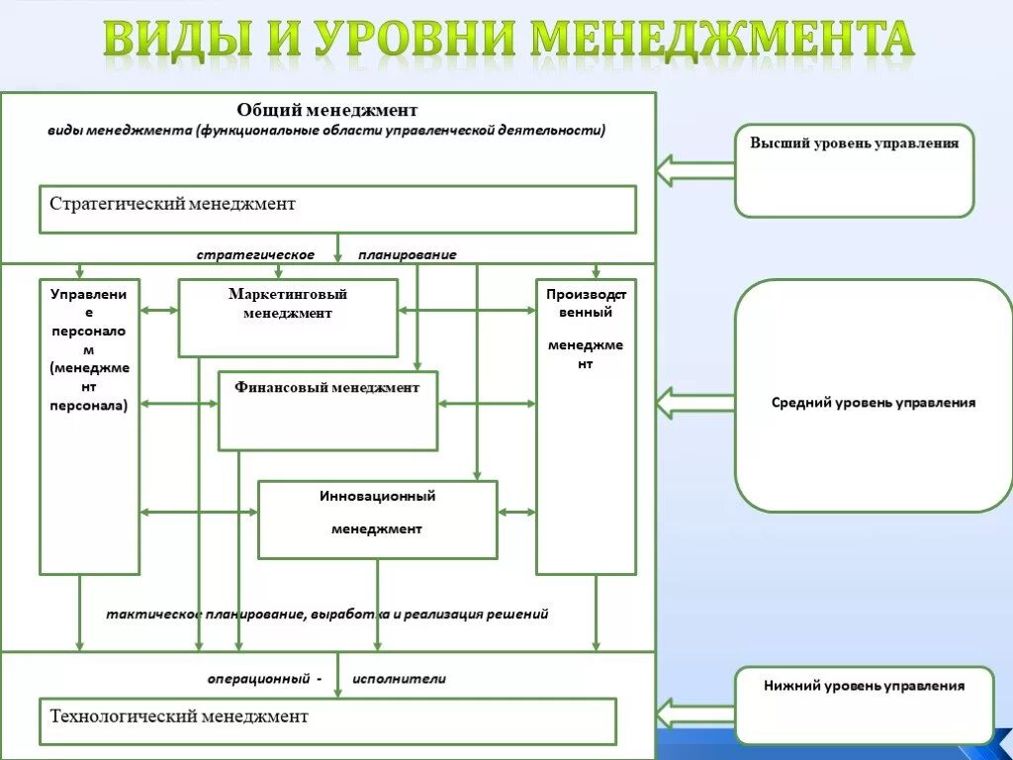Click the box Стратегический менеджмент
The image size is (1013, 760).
[337, 209]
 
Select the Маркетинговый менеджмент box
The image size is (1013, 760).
[288, 318]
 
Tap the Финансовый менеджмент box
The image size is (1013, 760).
[327, 411]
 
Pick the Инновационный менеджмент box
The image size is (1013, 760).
[377, 520]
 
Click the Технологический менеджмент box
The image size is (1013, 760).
[327, 720]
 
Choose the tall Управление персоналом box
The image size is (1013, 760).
[89, 427]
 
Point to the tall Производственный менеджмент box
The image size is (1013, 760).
[586, 427]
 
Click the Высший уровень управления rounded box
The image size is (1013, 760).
[854, 170]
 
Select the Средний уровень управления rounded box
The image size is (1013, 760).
[874, 396]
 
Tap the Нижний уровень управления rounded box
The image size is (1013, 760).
[864, 706]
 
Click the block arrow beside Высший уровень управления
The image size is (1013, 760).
[694, 170]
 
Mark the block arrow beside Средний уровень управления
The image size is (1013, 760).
[694, 403]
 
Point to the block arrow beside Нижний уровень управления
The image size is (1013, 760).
[694, 712]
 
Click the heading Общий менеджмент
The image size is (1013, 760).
[327, 110]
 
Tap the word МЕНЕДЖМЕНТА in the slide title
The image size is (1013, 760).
[721, 40]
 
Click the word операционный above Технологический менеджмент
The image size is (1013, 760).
[258, 679]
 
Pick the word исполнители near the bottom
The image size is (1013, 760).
[399, 679]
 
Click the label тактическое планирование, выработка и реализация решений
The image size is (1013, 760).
[327, 614]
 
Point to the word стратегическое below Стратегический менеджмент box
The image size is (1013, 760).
[255, 255]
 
